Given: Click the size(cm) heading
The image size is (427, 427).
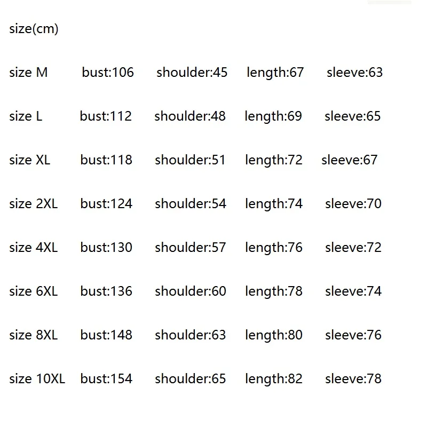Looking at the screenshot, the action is tap(34, 29).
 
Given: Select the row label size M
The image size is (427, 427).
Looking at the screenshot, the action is tap(28, 72).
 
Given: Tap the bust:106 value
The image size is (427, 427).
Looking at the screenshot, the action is tap(108, 72).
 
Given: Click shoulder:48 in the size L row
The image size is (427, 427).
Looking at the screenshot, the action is tap(190, 116).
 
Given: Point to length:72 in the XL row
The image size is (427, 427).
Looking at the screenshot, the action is tap(274, 160).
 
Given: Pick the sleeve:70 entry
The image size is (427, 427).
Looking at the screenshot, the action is tap(353, 203).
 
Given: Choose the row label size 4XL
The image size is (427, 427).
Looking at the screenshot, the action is tap(33, 247).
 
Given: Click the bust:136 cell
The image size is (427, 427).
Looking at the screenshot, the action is tap(106, 291).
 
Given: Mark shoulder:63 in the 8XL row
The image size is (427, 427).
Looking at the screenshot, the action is tap(191, 335).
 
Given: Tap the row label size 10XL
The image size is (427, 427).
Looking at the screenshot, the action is tap(37, 378).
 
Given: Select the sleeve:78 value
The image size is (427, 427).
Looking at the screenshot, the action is tap(353, 378).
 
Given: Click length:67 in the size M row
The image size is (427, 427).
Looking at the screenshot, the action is tap(275, 72).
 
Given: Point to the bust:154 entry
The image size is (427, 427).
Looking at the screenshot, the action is tap(106, 378).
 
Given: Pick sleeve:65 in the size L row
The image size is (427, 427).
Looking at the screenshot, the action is tap(353, 116).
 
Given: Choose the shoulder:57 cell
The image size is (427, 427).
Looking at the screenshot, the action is tap(191, 247).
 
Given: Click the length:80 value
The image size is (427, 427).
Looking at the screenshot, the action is tap(274, 335).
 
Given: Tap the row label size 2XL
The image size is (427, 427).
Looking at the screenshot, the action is tap(33, 203).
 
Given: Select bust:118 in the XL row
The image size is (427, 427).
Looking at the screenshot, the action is tap(106, 160).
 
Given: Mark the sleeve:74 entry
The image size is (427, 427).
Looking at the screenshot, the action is tap(353, 291).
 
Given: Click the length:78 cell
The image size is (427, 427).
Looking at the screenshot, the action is tap(274, 291).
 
